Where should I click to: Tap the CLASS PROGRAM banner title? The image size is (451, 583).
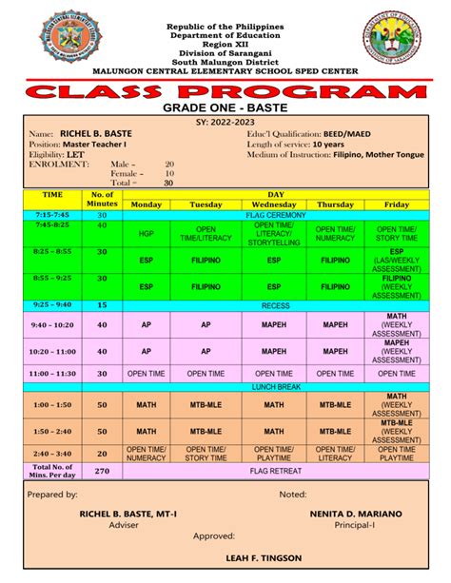point(225,94)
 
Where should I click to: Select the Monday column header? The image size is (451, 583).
point(147,204)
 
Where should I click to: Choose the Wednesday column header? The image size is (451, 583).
point(273,204)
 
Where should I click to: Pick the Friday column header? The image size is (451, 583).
point(396,204)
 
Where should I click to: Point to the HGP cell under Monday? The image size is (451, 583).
point(147,234)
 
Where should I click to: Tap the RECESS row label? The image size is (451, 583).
point(273,305)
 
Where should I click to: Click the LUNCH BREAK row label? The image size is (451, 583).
point(273,388)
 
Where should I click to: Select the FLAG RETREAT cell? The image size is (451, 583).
point(273,469)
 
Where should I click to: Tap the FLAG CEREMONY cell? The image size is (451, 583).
point(273,216)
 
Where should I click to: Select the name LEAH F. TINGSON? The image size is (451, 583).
point(225,557)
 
